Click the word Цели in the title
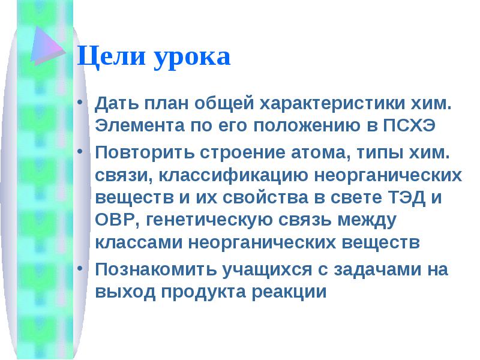(x=112, y=56)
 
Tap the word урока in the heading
(x=192, y=59)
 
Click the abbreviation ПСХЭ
(x=409, y=125)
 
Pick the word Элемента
(x=140, y=125)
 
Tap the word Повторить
(x=145, y=152)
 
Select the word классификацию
(x=233, y=176)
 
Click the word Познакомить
(x=156, y=269)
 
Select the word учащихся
(x=267, y=270)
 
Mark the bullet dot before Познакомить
(x=80, y=268)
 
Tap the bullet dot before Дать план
(x=80, y=102)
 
